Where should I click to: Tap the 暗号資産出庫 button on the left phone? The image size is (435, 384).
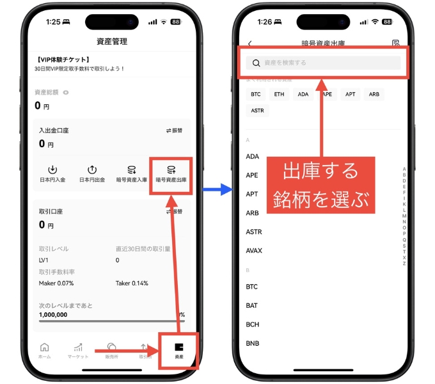(171, 174)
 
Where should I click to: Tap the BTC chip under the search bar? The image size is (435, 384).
(256, 94)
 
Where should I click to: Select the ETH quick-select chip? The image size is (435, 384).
(280, 94)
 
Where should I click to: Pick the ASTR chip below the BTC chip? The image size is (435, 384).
(257, 110)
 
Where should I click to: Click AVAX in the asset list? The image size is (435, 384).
(254, 250)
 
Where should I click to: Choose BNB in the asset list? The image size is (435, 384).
(252, 344)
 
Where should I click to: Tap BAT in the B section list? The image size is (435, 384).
(252, 306)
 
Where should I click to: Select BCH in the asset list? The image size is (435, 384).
(252, 324)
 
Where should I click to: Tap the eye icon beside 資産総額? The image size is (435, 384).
(66, 92)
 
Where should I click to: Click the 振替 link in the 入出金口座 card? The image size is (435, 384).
(175, 131)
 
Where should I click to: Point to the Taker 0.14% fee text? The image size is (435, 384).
(132, 283)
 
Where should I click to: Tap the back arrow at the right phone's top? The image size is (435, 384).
(249, 44)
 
